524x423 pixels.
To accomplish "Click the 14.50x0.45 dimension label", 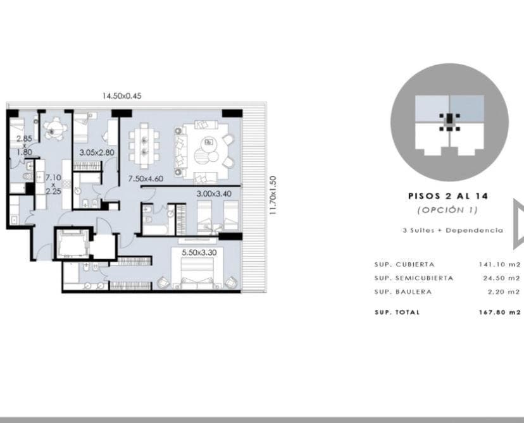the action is (x=122, y=96).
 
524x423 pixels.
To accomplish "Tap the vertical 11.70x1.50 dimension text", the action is (x=273, y=195).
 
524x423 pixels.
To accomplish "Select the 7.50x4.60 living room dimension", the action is (x=146, y=178).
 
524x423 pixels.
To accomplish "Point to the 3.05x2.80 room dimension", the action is (x=97, y=152).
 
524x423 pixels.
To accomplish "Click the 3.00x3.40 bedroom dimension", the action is (x=214, y=193).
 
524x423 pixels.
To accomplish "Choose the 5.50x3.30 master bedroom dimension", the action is (x=199, y=252).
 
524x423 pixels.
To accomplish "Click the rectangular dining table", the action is (x=144, y=146).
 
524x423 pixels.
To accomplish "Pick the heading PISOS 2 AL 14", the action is (x=448, y=196).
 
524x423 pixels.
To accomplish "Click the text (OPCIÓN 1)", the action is (x=447, y=210).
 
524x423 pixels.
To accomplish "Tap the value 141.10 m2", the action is (x=499, y=264).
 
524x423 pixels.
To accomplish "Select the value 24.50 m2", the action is (x=502, y=278).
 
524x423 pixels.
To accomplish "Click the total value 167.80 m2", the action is (x=499, y=312).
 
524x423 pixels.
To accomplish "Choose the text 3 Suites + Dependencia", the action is (x=453, y=230).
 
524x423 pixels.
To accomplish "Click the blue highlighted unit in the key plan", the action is (x=467, y=108).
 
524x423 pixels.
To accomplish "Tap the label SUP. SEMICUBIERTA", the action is (x=414, y=278).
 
